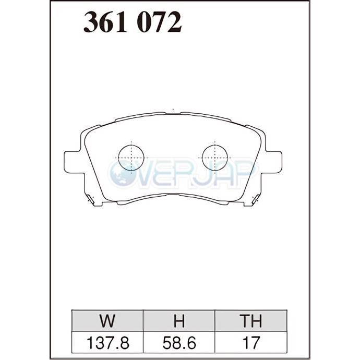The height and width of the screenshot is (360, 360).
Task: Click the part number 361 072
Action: tap(133, 22)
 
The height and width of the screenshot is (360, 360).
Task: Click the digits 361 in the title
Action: tap(105, 22)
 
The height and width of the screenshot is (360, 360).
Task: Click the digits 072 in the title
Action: tap(159, 22)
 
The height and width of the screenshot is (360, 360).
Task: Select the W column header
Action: tap(107, 321)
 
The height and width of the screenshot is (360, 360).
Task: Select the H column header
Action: tap(179, 321)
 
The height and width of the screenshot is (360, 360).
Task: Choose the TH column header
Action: tap(251, 321)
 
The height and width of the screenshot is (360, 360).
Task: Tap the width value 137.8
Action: tap(107, 343)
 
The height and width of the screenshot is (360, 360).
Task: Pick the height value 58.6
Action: tap(179, 343)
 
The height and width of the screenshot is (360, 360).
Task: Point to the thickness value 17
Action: tap(251, 343)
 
